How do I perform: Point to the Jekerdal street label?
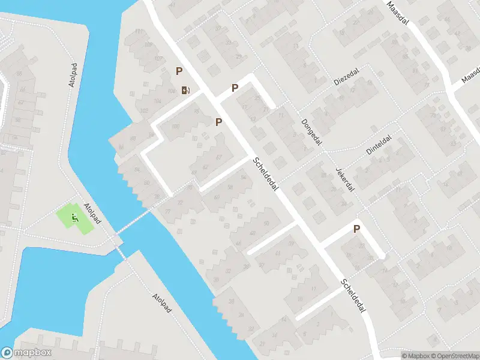click(x=345, y=178)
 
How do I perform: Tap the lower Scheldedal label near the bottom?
click(x=352, y=296)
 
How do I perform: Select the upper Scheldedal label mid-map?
click(x=267, y=175)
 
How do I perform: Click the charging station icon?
click(x=185, y=91)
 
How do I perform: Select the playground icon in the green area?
click(x=75, y=218)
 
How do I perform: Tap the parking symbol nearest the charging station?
click(x=179, y=71)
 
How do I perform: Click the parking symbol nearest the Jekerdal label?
click(x=356, y=229)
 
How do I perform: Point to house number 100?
click(x=175, y=127)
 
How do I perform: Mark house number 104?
click(x=158, y=101)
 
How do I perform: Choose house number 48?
click(x=252, y=233)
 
